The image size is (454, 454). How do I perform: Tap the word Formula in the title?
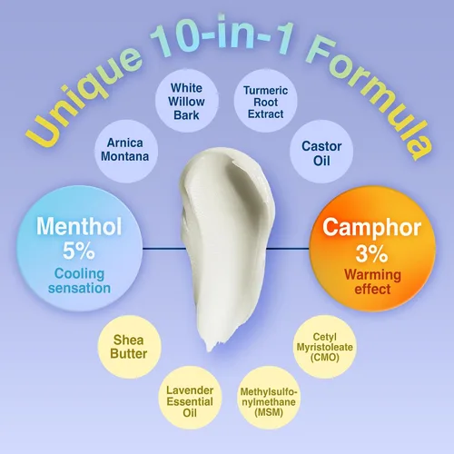click(x=370, y=98)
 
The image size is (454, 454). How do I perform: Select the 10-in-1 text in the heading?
click(x=222, y=35)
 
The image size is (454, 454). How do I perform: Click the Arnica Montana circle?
click(x=126, y=152)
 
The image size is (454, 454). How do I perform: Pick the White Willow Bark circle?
click(x=187, y=101)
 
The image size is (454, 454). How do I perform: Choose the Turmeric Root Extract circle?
click(x=265, y=101)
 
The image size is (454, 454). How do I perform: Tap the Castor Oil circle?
click(x=321, y=152)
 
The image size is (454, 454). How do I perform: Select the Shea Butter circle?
click(x=129, y=347)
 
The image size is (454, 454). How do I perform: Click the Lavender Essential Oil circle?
click(x=190, y=398)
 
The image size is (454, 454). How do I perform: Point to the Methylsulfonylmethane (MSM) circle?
click(x=269, y=398)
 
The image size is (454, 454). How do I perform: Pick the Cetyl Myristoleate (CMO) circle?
click(x=324, y=347)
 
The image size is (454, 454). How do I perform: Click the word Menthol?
click(x=79, y=226)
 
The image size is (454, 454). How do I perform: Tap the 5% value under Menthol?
click(x=79, y=252)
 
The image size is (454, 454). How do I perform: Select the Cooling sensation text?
click(x=79, y=281)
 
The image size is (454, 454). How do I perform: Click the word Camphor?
click(x=371, y=229)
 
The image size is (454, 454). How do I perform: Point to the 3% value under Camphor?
click(x=371, y=253)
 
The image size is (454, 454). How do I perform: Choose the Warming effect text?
click(x=372, y=282)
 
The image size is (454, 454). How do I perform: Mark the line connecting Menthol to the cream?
click(x=164, y=249)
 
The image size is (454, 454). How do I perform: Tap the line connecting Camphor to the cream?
click(x=288, y=249)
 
